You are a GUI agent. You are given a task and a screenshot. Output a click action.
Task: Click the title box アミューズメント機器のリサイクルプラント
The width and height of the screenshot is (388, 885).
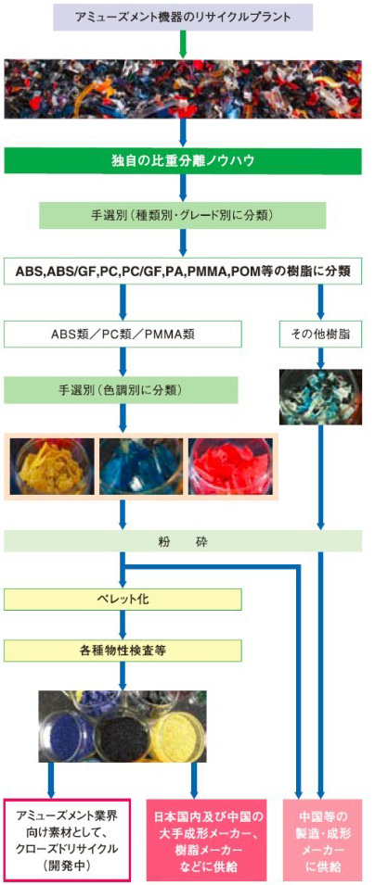pos(183,16)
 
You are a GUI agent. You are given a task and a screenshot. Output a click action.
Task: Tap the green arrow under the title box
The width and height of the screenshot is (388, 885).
pos(183,44)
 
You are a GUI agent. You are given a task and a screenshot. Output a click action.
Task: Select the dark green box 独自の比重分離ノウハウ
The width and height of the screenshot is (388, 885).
pos(183,161)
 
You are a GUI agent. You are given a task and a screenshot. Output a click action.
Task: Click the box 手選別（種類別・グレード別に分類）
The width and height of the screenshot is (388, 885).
pos(183,216)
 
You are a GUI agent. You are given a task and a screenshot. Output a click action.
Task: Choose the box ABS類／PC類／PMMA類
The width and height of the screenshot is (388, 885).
pos(123,333)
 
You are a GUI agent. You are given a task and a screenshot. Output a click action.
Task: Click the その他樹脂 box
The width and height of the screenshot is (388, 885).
pos(320,333)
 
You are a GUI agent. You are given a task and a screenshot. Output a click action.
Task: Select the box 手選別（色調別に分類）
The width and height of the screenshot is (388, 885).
pos(123,389)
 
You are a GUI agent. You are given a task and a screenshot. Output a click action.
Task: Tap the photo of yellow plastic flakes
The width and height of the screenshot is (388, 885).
pos(51,466)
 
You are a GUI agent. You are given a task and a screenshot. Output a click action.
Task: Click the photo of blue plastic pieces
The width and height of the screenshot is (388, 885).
pos(141,466)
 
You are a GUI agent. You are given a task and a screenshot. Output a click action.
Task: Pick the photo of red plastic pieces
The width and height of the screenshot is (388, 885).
pos(230,466)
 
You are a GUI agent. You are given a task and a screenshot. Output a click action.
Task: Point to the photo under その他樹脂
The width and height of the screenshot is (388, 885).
pos(320,397)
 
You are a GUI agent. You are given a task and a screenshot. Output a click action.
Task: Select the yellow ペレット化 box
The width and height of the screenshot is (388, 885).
pos(123,600)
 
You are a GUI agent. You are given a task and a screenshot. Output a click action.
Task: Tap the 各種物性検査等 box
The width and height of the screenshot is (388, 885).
pos(123,651)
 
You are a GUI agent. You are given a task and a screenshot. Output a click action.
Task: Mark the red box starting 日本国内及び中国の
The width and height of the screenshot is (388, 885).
pos(210,840)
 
